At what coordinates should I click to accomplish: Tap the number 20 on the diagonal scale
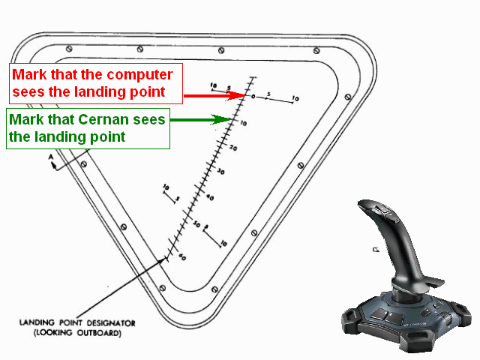(x=233, y=148)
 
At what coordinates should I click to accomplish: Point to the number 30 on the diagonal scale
(x=220, y=172)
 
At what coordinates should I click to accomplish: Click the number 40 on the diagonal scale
(x=209, y=197)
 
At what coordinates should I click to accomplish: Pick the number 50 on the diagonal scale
(x=196, y=224)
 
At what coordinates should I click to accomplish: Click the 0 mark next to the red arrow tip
(x=253, y=97)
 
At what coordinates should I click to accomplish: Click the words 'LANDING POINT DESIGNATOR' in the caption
(x=77, y=323)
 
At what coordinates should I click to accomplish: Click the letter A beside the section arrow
(x=50, y=157)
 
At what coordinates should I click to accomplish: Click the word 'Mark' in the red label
(x=28, y=76)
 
